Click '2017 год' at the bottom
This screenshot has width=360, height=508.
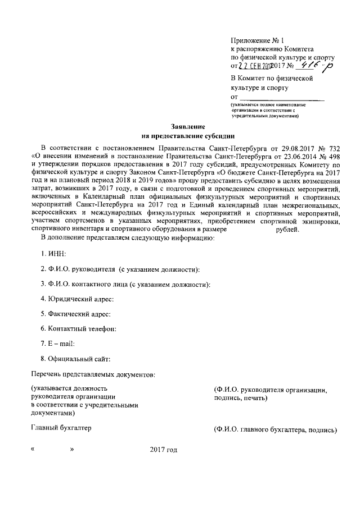(x=164, y=450)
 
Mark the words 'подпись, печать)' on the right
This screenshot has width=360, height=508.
(x=237, y=398)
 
